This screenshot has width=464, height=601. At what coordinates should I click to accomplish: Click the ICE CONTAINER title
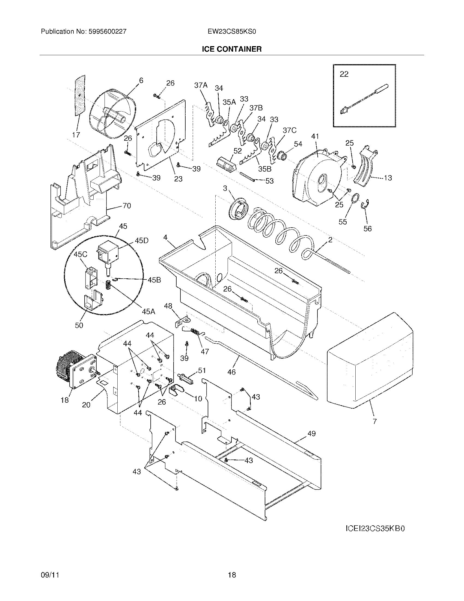pyautogui.click(x=232, y=49)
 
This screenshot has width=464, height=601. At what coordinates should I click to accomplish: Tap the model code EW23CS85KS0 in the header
pyautogui.click(x=232, y=32)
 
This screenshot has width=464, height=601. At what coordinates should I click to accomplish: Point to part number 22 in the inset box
pyautogui.click(x=344, y=74)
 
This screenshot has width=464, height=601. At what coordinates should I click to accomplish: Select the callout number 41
pyautogui.click(x=315, y=136)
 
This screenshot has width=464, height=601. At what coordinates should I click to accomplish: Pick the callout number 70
pyautogui.click(x=126, y=205)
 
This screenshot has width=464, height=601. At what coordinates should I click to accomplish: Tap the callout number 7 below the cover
pyautogui.click(x=375, y=421)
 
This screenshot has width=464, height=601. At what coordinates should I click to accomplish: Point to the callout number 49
pyautogui.click(x=311, y=434)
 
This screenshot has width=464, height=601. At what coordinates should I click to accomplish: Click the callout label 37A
pyautogui.click(x=201, y=86)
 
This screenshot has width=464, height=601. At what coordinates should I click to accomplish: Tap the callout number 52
pyautogui.click(x=237, y=151)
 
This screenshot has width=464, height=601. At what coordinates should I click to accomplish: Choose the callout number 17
pyautogui.click(x=76, y=135)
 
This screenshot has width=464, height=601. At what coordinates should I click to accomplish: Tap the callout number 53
pyautogui.click(x=269, y=181)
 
